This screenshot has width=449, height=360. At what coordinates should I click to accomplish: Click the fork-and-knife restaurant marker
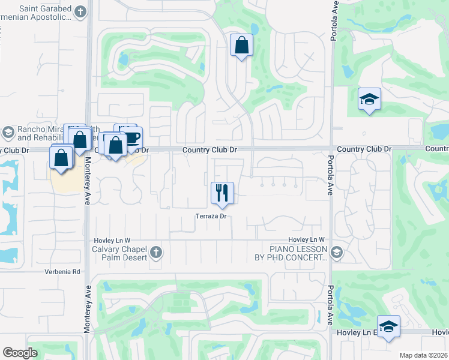pyautogui.click(x=222, y=193)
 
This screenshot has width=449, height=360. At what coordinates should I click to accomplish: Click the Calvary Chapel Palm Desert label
pyautogui.click(x=119, y=254)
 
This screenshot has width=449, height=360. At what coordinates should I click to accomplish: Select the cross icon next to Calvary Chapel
pyautogui.click(x=156, y=251)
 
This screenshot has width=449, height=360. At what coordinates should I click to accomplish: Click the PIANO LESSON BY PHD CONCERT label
pyautogui.click(x=298, y=253)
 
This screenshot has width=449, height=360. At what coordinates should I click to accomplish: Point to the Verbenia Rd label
pyautogui.click(x=62, y=272)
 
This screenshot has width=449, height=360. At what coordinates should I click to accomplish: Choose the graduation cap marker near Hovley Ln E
pyautogui.click(x=389, y=326)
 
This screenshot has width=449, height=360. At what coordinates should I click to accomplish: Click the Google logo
pyautogui.click(x=20, y=352)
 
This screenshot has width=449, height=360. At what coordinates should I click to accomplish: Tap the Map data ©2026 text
pyautogui.click(x=424, y=355)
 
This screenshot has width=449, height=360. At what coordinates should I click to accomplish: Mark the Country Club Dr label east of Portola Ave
pyautogui.click(x=364, y=149)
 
